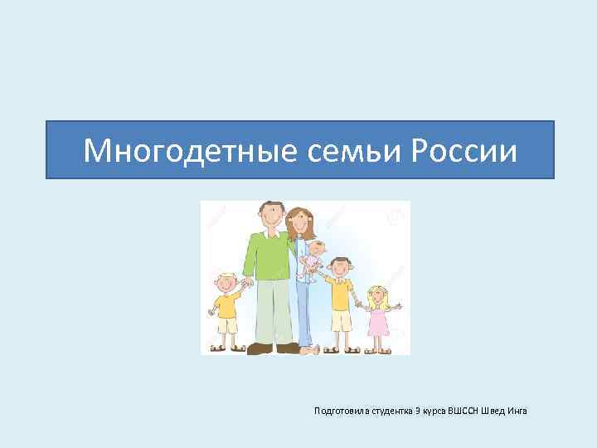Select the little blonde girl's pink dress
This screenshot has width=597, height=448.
click(378, 319)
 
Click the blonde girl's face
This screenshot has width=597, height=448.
click(378, 296)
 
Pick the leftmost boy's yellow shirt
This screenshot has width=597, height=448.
click(226, 304)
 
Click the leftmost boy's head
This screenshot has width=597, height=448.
click(224, 282)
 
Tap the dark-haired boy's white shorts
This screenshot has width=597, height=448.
click(341, 320)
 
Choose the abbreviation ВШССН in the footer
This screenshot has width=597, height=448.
click(464, 411)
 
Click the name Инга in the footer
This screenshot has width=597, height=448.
click(518, 411)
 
